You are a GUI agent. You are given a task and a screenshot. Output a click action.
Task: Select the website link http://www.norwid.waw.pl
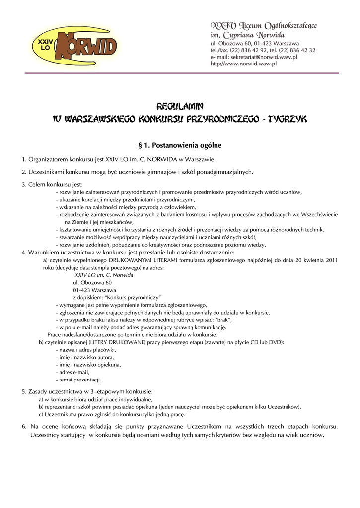(243, 64)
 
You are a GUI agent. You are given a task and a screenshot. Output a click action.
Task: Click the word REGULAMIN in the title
(180, 106)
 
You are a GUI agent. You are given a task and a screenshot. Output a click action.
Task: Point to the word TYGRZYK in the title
(288, 119)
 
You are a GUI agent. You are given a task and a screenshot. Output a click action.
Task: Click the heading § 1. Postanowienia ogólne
(180, 146)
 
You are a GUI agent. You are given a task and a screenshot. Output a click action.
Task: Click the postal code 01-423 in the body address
(83, 289)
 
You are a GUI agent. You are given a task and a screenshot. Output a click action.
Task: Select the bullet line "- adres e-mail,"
(74, 372)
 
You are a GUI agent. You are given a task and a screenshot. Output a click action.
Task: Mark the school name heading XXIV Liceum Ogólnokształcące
(264, 25)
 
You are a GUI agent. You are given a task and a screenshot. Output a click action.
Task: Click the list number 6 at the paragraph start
(23, 426)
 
